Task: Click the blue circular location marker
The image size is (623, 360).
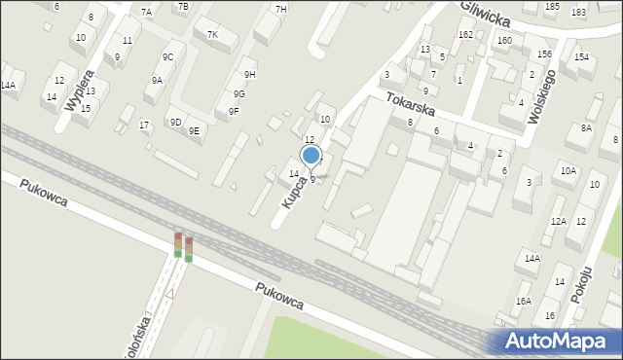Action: click(x=311, y=155)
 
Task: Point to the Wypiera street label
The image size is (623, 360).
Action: click(x=77, y=90)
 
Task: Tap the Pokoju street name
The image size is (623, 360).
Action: click(x=584, y=280)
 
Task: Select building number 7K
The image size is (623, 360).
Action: click(x=213, y=35)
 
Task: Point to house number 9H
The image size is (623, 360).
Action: click(x=250, y=74)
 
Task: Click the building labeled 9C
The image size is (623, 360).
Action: click(x=167, y=57)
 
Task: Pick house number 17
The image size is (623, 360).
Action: click(x=144, y=125)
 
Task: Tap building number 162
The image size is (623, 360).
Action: click(x=465, y=34)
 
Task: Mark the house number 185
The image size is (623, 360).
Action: click(x=552, y=7)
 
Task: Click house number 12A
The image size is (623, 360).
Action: click(x=558, y=222)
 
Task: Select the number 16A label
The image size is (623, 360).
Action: click(x=524, y=302)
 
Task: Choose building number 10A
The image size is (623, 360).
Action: click(x=568, y=170)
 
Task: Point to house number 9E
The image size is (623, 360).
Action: click(x=194, y=130)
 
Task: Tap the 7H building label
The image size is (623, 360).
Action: click(x=281, y=9)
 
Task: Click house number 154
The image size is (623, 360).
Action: click(x=581, y=57)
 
